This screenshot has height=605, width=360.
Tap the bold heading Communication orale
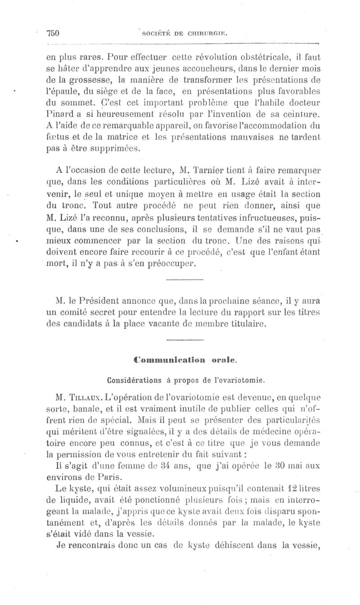pos(185,360)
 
